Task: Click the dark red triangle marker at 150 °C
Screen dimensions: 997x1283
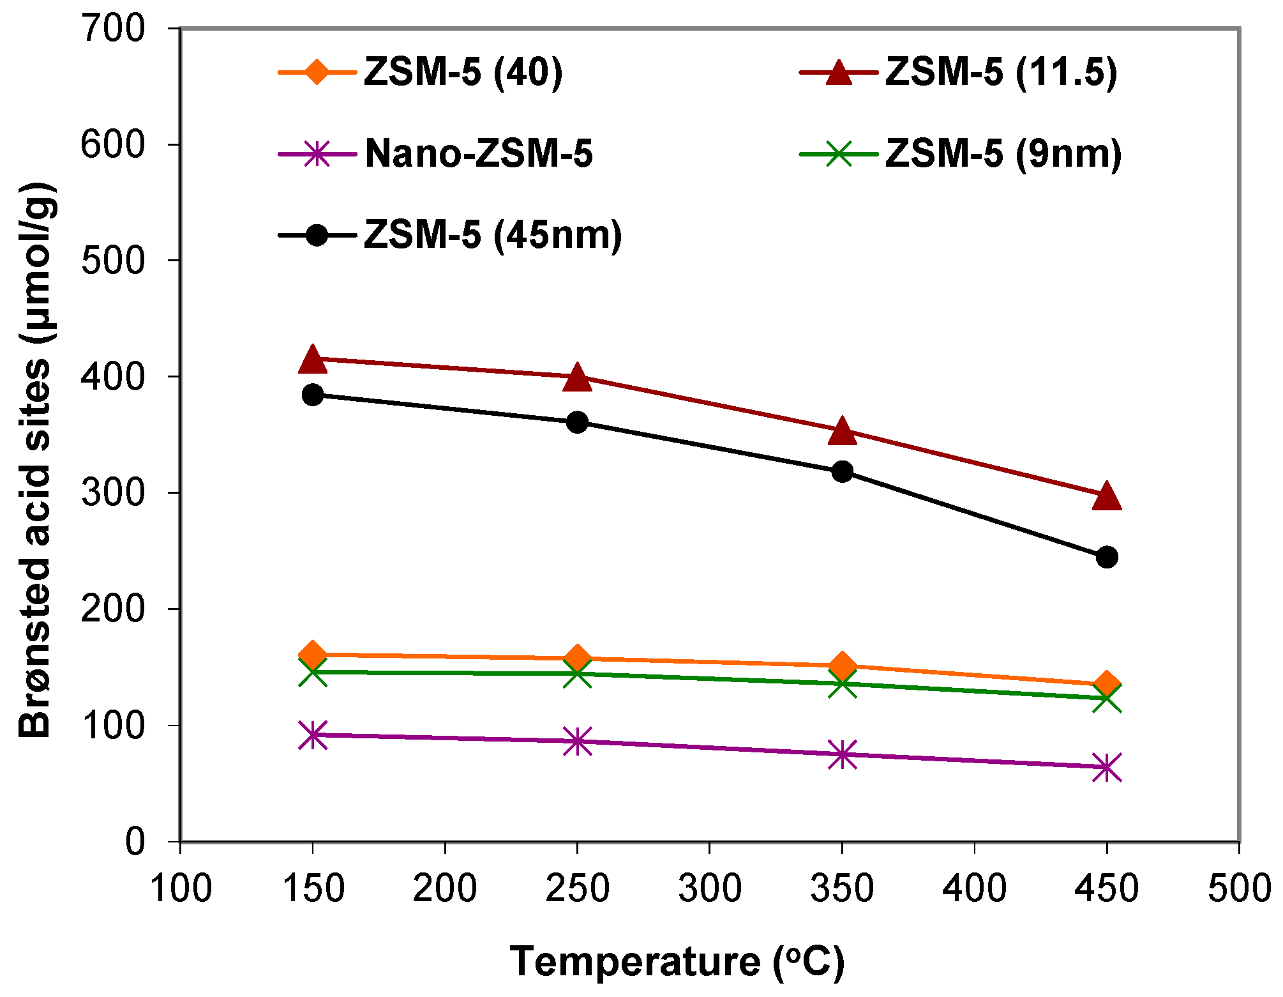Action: point(312,360)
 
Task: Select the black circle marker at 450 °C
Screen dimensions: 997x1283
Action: point(1106,557)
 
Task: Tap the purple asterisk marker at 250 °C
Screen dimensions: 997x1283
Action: point(577,741)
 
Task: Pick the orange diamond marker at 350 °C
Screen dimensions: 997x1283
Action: point(842,666)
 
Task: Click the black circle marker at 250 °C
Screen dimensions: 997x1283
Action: point(577,422)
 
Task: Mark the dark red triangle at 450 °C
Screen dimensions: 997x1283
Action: point(1106,497)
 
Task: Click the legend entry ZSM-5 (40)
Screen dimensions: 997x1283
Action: point(463,72)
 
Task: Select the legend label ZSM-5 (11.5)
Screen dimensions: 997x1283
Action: point(1000,72)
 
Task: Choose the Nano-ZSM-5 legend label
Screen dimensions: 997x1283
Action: point(479,154)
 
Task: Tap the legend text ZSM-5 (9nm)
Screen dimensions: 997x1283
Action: point(1003,154)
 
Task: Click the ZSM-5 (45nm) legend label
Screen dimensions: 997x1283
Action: point(493,235)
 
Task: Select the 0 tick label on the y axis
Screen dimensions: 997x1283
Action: point(135,842)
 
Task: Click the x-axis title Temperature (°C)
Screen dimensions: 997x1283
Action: point(677,962)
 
